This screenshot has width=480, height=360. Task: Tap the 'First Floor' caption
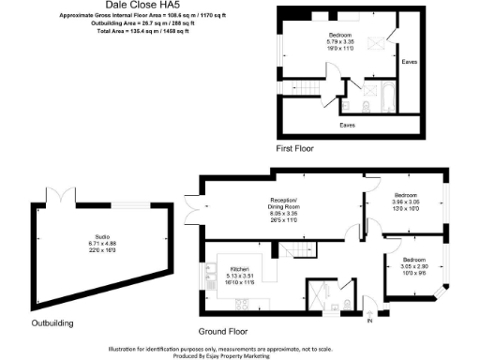click(294, 148)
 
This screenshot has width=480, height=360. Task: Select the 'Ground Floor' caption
click(223, 331)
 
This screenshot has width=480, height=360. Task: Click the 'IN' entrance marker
click(369, 321)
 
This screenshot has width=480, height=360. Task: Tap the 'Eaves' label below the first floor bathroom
click(347, 124)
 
